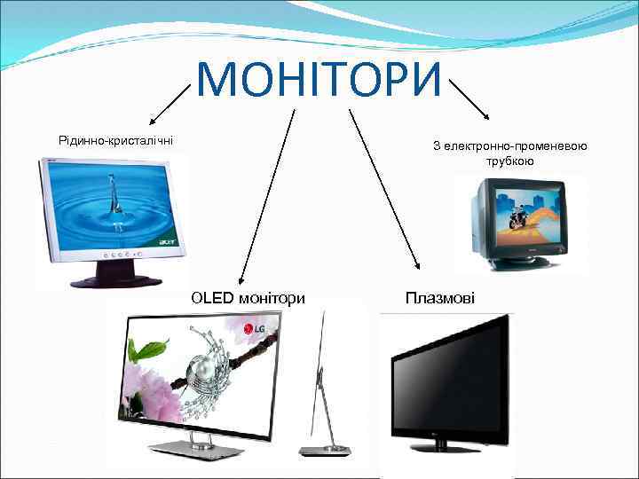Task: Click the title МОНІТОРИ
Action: [319, 79]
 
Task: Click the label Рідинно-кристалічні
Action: [115, 139]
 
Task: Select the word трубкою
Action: [509, 161]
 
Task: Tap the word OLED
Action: [212, 298]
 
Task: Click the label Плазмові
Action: [439, 298]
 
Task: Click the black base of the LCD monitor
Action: [114, 280]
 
